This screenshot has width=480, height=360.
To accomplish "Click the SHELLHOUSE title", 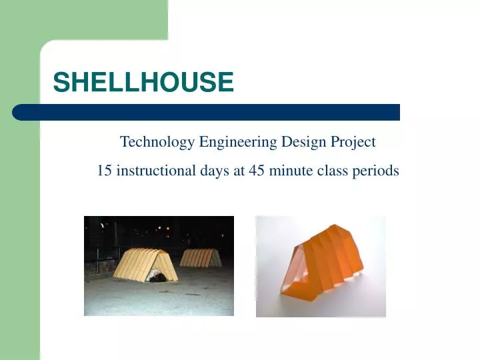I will (143, 83).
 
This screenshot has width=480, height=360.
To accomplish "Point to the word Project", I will (353, 142).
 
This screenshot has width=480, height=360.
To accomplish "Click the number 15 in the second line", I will (104, 171).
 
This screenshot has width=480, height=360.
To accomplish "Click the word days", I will (215, 171).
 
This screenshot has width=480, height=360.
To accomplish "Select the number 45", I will (257, 171).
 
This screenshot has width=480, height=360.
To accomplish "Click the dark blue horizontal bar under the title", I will (207, 112).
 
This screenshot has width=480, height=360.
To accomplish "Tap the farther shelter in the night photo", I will (201, 257).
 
